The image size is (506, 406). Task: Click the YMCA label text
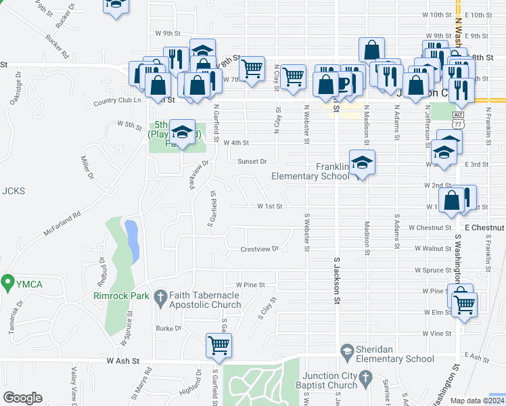(x=30, y=284)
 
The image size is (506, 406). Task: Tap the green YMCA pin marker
(x=8, y=281)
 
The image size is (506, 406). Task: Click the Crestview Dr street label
(x=260, y=249)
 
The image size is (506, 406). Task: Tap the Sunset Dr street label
(x=253, y=162)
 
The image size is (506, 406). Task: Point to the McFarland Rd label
(x=62, y=224)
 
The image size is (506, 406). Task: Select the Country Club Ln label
(x=117, y=101)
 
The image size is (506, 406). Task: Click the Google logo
(x=22, y=398)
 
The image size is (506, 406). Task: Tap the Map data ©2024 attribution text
(x=477, y=401)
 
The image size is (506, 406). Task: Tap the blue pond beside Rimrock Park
(x=131, y=241)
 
